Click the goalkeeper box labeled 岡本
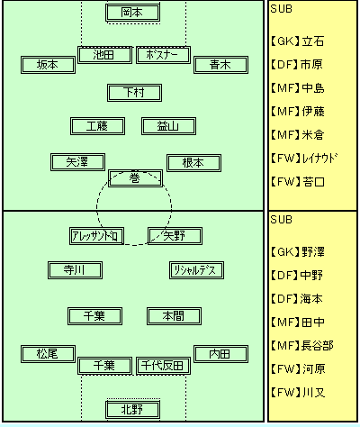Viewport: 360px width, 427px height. tap(132, 13)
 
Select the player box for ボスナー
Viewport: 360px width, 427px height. tap(163, 55)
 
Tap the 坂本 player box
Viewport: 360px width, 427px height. tap(48, 65)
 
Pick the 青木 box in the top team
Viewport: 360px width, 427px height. tap(220, 65)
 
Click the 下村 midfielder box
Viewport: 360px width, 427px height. tap(134, 93)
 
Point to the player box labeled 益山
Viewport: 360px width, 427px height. tap(168, 126)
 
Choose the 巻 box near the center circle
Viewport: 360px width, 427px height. tap(135, 178)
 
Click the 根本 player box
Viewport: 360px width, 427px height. tap(193, 163)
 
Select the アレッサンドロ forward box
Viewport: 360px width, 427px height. tap(96, 236)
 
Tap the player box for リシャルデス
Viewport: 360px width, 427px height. tap(196, 270)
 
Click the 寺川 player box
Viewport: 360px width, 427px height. tap(75, 270)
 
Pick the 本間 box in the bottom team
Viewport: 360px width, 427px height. tap(174, 316)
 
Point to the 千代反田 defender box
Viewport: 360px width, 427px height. tap(163, 366)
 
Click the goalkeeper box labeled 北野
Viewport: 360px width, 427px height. tap(132, 410)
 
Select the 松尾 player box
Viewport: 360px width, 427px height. tap(48, 354)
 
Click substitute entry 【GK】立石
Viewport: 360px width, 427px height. tap(297, 41)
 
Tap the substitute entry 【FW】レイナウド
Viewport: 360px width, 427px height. tap(303, 159)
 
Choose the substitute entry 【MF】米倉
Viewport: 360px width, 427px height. tap(297, 135)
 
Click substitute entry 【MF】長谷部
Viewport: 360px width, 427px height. tap(301, 346)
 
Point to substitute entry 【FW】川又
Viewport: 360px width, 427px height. tap(298, 393)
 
